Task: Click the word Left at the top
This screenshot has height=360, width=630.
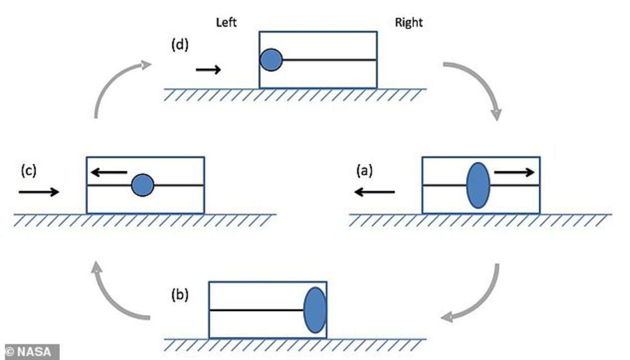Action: coord(227,23)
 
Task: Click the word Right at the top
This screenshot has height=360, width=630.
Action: coord(408,23)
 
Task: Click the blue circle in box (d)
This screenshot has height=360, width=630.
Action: coord(271,60)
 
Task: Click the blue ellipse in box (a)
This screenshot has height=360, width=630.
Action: coord(478,185)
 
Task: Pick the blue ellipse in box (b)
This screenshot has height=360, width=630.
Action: coord(315,310)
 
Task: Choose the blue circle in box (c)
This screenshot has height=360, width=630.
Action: coord(142,185)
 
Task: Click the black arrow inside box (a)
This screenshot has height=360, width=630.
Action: coord(514,172)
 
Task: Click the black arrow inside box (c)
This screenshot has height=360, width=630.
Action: coord(108,172)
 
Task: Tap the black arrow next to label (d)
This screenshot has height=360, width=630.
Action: coord(208,70)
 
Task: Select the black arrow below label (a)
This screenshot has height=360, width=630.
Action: coord(374,193)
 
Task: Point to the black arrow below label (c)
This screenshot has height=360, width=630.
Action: coord(39,193)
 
